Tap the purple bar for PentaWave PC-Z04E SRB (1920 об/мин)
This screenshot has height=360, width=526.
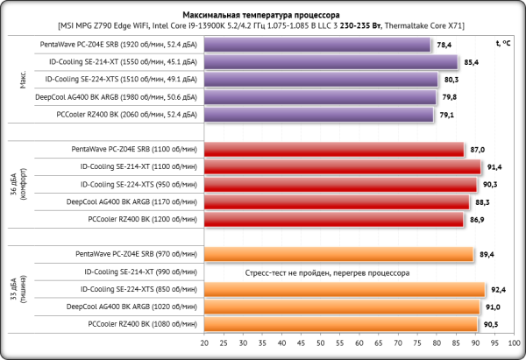tap(317, 45)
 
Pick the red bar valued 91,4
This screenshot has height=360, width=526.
tap(343, 167)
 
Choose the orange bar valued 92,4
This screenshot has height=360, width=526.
tap(345, 289)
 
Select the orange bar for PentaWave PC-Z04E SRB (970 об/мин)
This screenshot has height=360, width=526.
tap(339, 254)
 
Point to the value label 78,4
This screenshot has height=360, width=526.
tap(444, 45)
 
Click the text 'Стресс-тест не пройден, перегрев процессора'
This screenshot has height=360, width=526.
tap(328, 272)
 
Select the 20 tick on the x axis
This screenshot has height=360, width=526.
tap(204, 342)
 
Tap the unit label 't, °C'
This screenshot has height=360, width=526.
tap(502, 42)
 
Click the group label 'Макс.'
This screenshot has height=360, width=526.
tap(23, 80)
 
